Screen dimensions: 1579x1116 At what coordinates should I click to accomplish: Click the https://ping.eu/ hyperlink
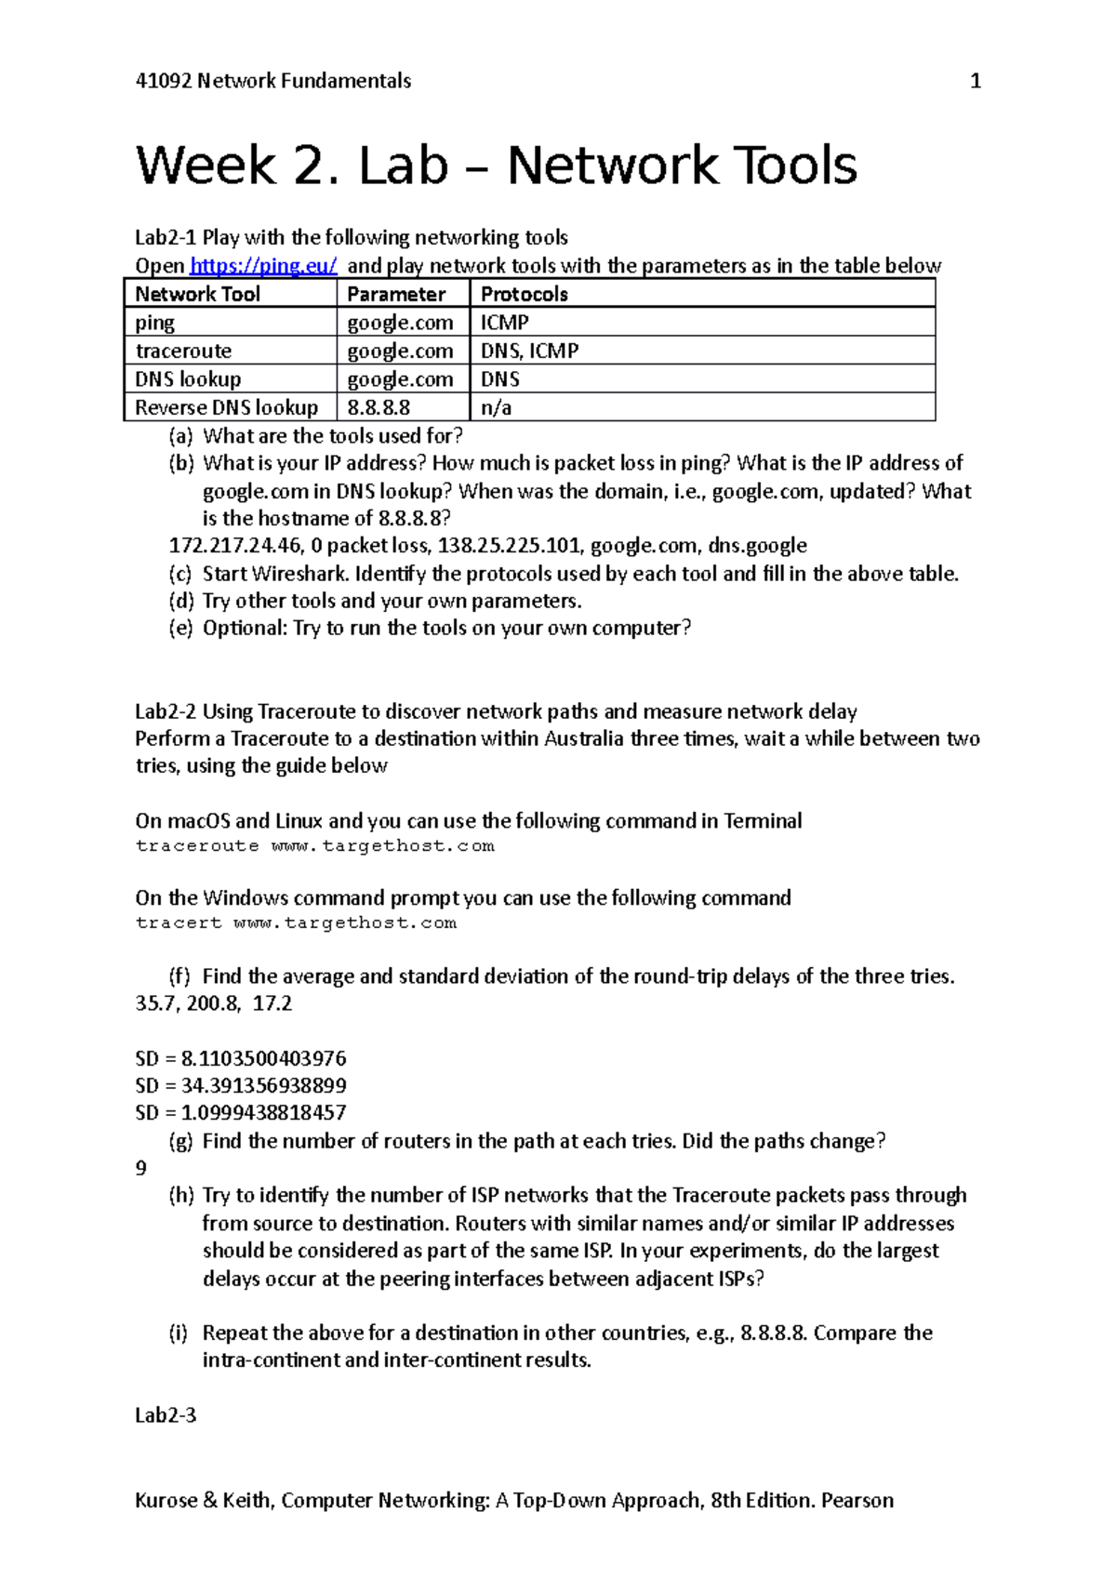[x=263, y=266]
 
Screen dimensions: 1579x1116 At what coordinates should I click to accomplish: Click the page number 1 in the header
[x=976, y=81]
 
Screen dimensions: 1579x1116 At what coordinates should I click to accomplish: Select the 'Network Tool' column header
[x=197, y=294]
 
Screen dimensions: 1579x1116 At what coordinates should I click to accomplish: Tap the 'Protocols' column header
[x=525, y=294]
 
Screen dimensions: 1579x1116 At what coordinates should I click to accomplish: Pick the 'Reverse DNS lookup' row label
[x=226, y=407]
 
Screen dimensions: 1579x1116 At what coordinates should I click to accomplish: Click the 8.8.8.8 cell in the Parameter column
[x=379, y=407]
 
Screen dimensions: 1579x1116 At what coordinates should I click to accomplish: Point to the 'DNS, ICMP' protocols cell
[x=529, y=351]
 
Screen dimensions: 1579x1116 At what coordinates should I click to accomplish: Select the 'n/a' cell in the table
[x=496, y=407]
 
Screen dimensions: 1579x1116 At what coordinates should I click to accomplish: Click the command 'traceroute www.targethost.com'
[x=314, y=846]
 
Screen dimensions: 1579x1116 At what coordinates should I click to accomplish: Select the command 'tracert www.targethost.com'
[x=296, y=923]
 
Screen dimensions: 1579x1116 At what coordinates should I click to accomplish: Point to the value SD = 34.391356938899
[x=240, y=1085]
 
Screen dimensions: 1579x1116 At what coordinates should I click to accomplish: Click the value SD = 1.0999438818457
[x=240, y=1112]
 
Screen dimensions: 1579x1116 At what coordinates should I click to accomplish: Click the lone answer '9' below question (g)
[x=141, y=1168]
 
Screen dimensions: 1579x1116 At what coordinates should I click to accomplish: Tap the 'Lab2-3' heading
[x=166, y=1415]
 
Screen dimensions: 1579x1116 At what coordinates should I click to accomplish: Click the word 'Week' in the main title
[x=206, y=166]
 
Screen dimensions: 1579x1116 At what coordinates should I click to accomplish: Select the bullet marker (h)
[x=181, y=1196]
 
